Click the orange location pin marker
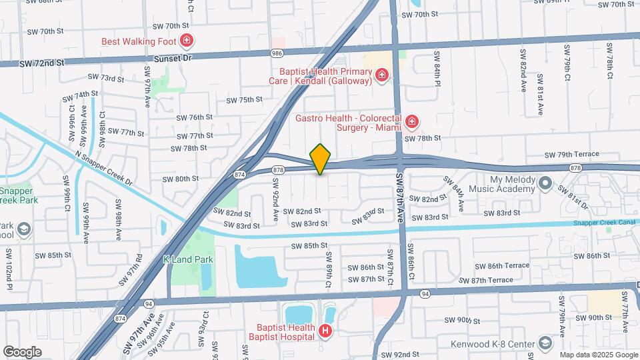(x=320, y=159)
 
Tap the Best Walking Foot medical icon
(x=187, y=41)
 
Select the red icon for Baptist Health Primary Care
(x=382, y=75)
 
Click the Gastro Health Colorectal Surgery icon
(x=411, y=121)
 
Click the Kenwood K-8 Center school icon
(x=545, y=343)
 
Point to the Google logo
(x=23, y=351)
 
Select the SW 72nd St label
(x=41, y=62)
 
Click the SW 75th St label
(x=245, y=99)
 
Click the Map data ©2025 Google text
(x=597, y=355)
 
